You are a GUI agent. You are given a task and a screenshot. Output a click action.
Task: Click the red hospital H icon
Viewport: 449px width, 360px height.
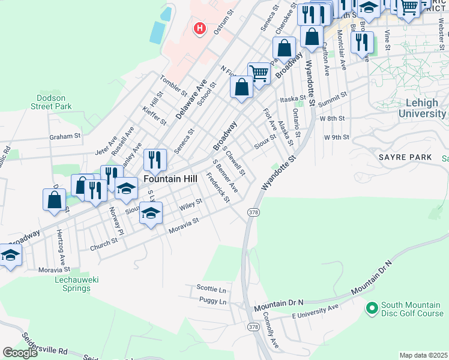(200, 28)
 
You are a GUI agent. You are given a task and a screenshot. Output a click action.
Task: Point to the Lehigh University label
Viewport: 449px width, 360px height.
(422, 108)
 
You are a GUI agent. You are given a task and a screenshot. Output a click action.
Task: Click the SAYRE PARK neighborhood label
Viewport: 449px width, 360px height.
(405, 157)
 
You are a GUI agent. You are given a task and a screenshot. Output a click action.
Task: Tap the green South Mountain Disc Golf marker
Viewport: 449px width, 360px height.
(372, 308)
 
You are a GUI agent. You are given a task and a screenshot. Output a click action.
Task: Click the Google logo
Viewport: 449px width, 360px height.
(20, 353)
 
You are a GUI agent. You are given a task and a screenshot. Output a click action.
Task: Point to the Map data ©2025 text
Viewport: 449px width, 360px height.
(423, 355)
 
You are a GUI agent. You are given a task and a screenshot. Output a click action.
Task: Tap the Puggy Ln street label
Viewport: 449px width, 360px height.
(213, 301)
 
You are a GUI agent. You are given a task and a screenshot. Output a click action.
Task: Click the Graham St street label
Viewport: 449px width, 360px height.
(65, 136)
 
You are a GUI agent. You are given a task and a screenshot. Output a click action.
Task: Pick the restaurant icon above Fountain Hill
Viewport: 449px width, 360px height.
(155, 160)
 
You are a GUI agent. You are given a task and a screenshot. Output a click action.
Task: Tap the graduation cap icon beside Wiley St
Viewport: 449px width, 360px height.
(151, 214)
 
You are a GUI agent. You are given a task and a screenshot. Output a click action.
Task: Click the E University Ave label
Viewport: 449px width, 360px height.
(315, 309)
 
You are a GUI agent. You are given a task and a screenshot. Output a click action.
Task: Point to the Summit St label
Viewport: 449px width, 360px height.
(333, 97)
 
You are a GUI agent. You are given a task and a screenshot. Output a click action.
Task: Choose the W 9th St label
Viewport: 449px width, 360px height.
(336, 137)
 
